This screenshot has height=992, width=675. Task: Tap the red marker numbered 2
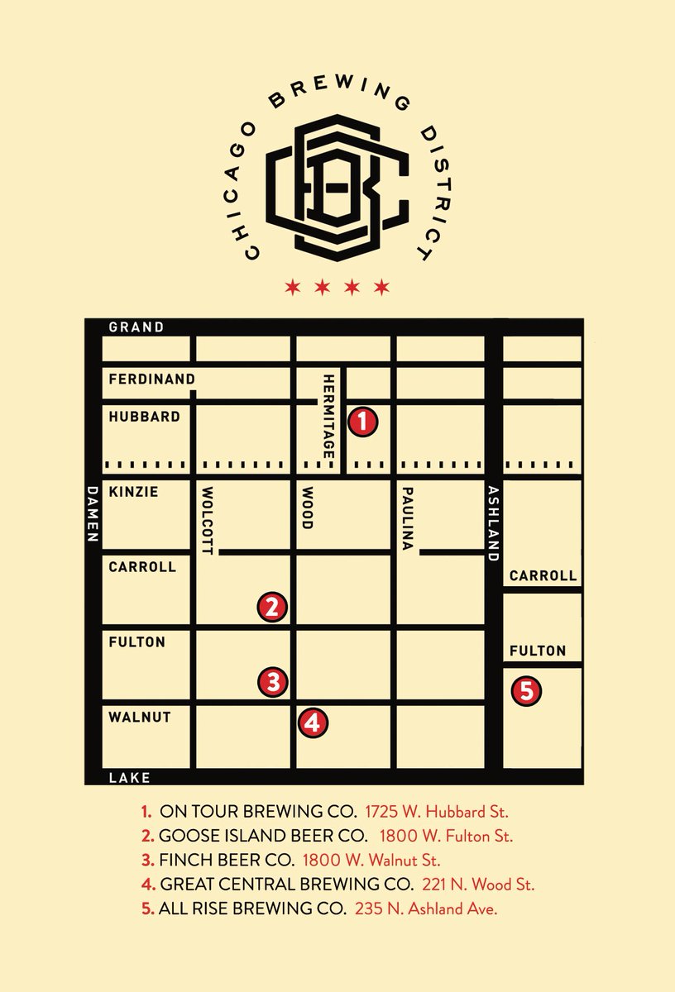[x=273, y=608]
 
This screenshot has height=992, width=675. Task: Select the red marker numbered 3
[x=273, y=683]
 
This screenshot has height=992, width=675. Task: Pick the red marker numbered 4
[x=313, y=723]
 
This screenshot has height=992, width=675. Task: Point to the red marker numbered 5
[x=527, y=690]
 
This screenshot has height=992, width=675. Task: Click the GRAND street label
[x=136, y=327]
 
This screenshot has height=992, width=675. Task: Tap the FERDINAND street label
[x=152, y=379]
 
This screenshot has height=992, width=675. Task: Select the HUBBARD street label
[x=144, y=417]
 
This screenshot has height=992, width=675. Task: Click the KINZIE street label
[x=133, y=492]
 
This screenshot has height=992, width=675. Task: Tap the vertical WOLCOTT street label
[x=207, y=521]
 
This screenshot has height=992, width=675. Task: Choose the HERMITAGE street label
[x=329, y=417]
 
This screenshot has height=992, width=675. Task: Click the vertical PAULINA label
[x=406, y=519]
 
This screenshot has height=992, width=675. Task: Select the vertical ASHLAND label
[x=493, y=523]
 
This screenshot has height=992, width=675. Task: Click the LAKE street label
[x=130, y=778]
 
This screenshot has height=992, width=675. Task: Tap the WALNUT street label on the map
[x=140, y=717]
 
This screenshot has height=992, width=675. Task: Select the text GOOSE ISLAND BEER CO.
[x=265, y=836]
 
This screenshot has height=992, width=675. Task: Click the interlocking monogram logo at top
[x=338, y=187]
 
